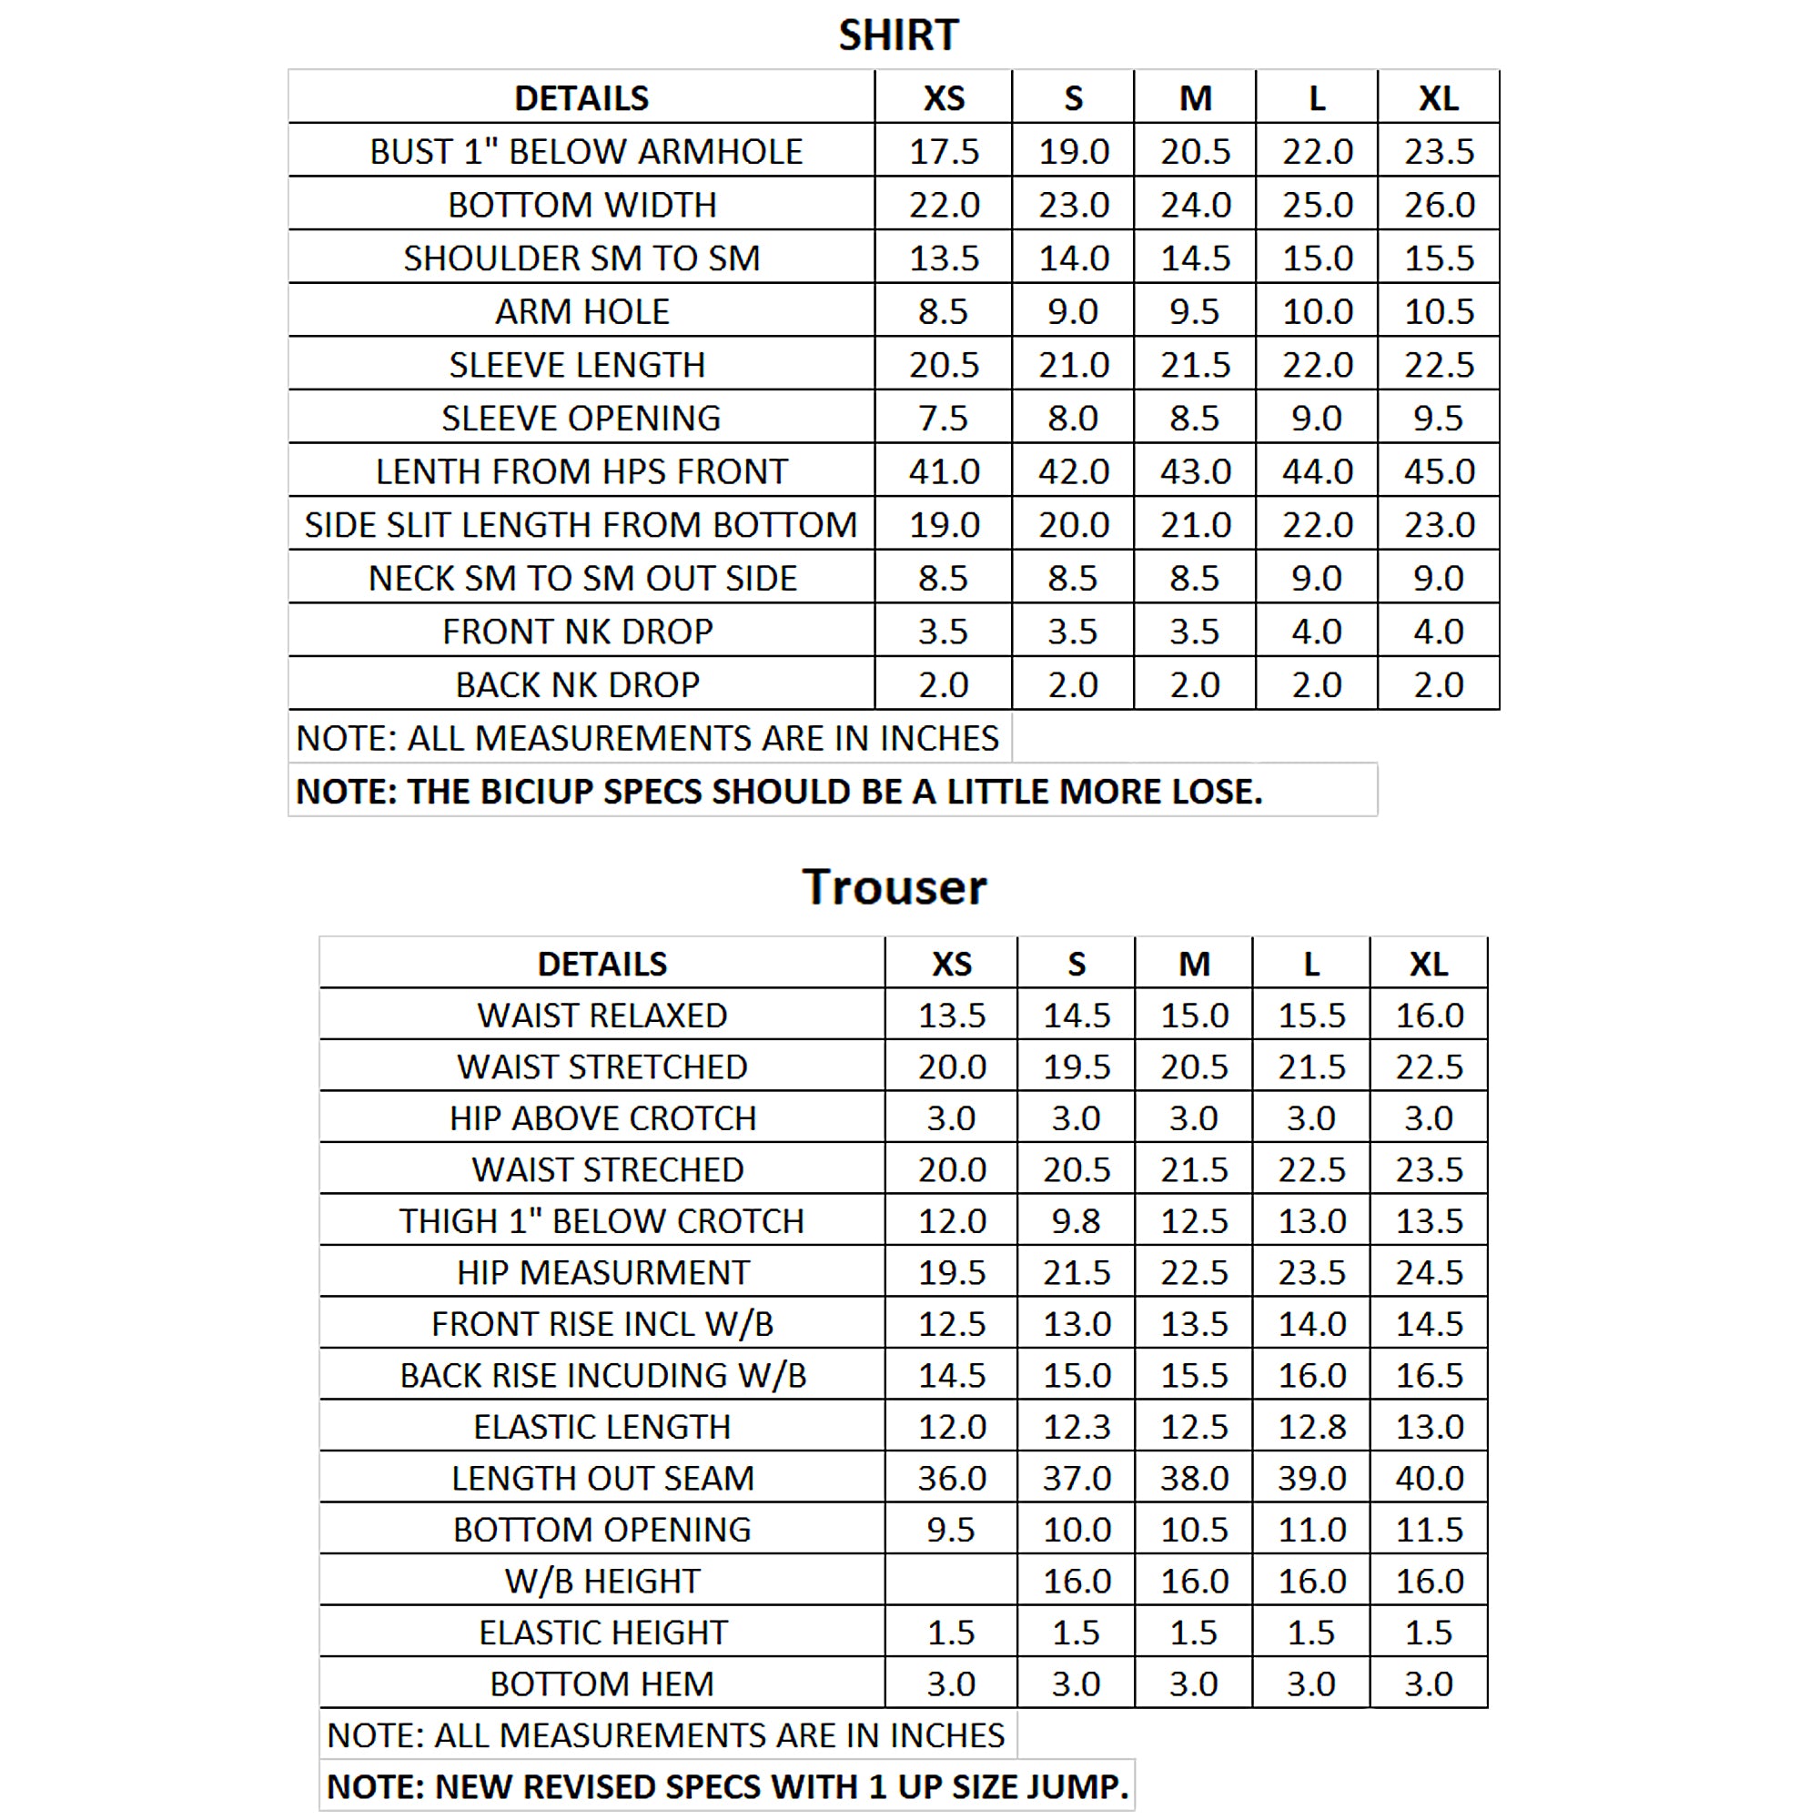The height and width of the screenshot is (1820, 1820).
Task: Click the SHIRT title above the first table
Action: click(x=898, y=35)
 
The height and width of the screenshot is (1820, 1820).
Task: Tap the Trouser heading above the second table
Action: click(x=894, y=887)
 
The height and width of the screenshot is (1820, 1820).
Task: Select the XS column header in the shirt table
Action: click(x=944, y=98)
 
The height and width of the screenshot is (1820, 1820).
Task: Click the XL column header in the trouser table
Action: click(x=1428, y=964)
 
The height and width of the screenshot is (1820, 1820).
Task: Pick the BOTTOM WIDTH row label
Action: click(x=581, y=205)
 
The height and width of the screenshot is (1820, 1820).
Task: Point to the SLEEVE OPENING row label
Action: click(x=581, y=419)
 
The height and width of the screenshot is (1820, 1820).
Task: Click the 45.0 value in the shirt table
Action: click(x=1439, y=471)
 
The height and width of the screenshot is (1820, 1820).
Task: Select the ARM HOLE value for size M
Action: click(x=1195, y=312)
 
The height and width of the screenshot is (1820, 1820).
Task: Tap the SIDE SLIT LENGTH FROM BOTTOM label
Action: click(x=581, y=525)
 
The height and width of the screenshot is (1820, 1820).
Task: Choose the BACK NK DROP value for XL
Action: click(x=1439, y=685)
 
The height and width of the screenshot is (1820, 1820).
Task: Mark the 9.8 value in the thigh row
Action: click(x=1076, y=1221)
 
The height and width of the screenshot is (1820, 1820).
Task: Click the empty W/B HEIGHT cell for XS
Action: click(x=951, y=1581)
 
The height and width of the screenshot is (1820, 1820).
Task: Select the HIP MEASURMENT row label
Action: click(x=603, y=1273)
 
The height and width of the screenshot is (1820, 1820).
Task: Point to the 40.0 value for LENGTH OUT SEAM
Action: click(x=1428, y=1478)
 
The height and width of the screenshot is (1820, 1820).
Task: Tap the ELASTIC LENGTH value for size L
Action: click(x=1311, y=1427)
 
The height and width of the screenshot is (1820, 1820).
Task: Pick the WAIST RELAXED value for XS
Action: click(x=952, y=1016)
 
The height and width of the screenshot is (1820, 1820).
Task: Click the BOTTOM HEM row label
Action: click(x=603, y=1683)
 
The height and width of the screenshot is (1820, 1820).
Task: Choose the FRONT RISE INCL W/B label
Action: click(x=603, y=1323)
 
